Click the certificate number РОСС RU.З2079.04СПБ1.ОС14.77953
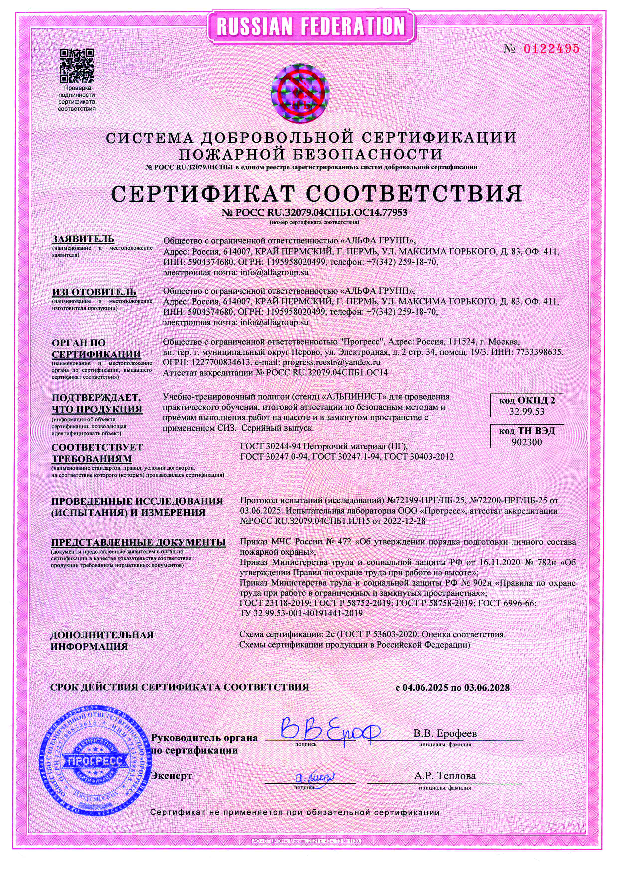[314, 213]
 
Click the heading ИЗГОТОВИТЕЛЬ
[94, 292]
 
